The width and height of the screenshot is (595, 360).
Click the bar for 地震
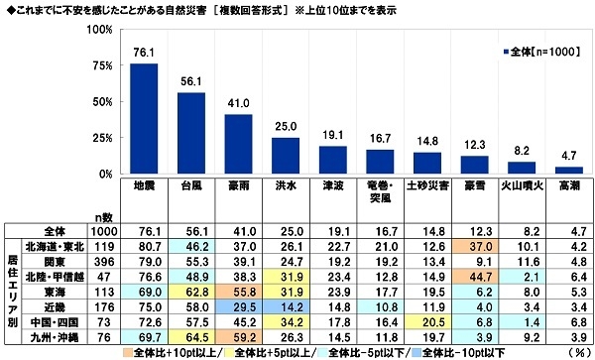click(145, 119)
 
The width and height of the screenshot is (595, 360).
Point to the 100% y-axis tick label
click(97, 30)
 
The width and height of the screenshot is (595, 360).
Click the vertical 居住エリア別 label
click(11, 294)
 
